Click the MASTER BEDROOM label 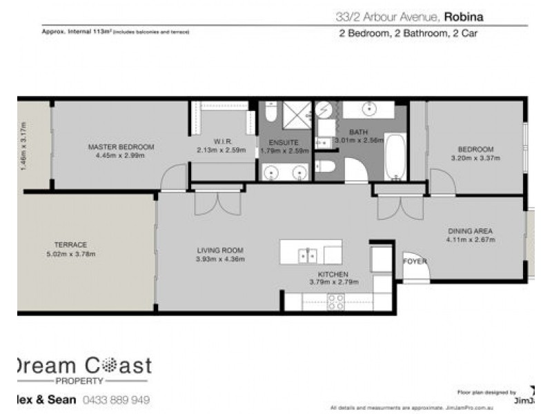[121, 147]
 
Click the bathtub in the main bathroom [395, 156]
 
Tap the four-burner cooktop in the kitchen [335, 302]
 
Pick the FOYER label [415, 262]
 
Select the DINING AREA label [471, 231]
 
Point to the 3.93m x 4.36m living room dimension [221, 259]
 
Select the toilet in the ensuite [271, 111]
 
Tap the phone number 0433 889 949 [116, 400]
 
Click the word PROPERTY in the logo [79, 381]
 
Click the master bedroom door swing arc [172, 176]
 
